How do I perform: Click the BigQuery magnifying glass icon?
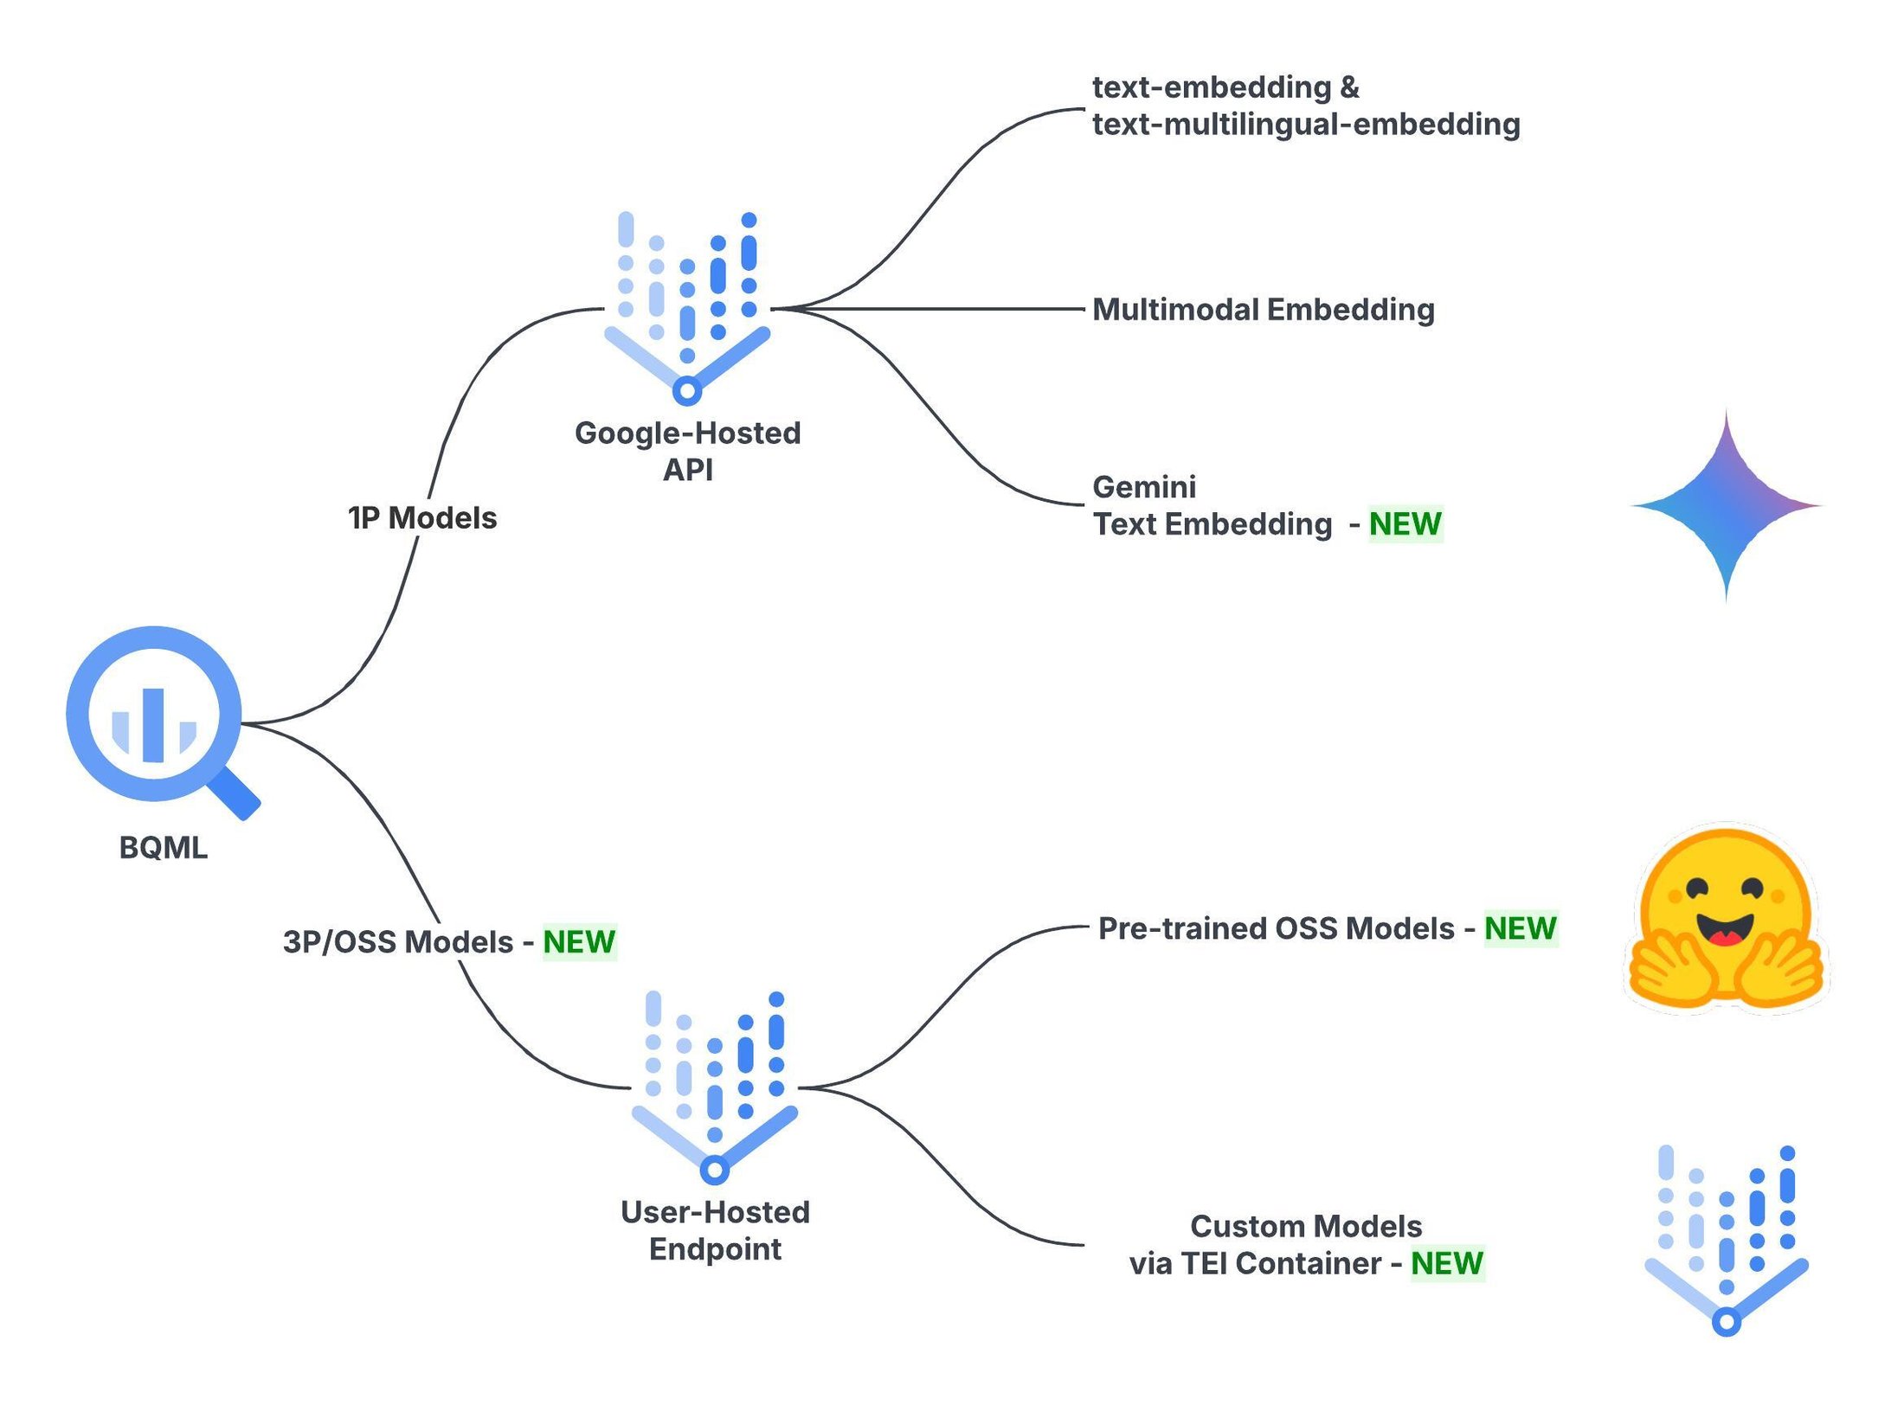154,715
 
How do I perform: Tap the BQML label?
164,848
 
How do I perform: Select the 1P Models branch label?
422,518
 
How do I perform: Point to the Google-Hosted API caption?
688,451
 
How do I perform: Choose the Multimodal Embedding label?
1264,310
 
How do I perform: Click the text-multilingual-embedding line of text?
1306,125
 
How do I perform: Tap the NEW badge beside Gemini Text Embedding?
1405,524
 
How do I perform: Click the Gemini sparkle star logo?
1727,506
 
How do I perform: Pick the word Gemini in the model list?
1144,487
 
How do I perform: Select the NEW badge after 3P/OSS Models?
579,942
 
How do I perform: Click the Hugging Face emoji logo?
1727,919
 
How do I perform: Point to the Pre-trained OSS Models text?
1277,929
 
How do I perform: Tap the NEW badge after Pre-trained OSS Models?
1521,929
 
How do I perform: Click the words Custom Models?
1306,1227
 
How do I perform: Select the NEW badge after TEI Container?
1447,1264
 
